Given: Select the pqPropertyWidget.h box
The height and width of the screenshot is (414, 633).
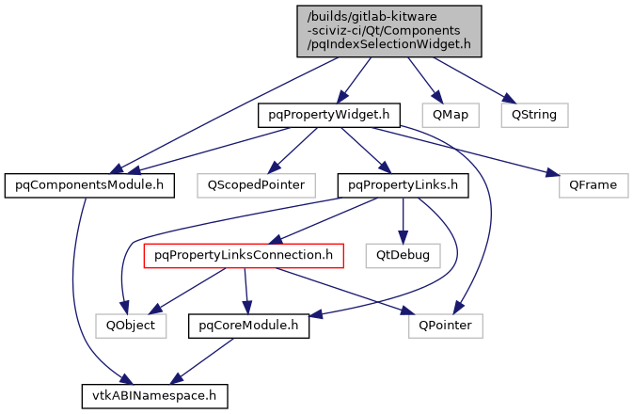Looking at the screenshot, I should click(330, 115).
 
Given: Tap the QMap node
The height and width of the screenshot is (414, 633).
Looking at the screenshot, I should click(451, 115).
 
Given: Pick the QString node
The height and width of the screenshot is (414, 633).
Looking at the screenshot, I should click(533, 115).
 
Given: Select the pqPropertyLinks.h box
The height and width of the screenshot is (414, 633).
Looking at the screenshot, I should click(404, 184).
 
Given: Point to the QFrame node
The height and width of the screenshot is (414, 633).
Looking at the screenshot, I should click(593, 184).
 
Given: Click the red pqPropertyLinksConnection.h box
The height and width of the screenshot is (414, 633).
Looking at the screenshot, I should click(244, 254).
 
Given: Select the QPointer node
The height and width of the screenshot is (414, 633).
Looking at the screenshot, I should click(446, 325).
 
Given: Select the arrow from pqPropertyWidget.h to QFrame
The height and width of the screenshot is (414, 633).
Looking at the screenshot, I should click(470, 151).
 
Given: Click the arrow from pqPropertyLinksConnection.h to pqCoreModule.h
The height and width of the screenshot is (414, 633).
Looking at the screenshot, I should click(246, 290).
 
